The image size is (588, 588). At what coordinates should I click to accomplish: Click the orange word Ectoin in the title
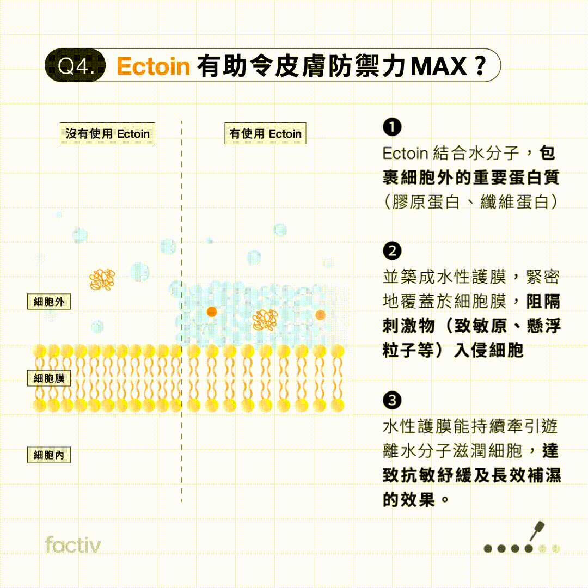tap(154, 66)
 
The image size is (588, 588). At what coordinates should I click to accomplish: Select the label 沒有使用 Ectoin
tap(107, 134)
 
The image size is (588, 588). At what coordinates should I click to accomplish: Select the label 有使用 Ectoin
tap(265, 134)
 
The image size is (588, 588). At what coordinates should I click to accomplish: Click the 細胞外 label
tap(49, 302)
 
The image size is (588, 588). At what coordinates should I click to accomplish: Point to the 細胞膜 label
tap(49, 378)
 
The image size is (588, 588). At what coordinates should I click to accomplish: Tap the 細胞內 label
tap(49, 455)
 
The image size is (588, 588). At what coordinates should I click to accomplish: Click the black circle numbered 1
tap(392, 128)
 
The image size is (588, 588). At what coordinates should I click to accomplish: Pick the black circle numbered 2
tap(392, 252)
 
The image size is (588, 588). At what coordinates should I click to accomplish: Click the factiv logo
tap(72, 545)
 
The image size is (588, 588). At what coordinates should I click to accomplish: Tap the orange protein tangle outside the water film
tap(102, 279)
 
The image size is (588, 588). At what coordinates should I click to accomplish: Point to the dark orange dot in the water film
tap(212, 311)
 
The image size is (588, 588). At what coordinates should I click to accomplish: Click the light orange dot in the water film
tap(320, 314)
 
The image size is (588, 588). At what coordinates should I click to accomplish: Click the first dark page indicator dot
tap(488, 548)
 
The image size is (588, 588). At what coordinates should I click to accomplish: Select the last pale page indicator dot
tap(555, 548)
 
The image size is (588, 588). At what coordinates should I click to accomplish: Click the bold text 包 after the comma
tap(548, 154)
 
